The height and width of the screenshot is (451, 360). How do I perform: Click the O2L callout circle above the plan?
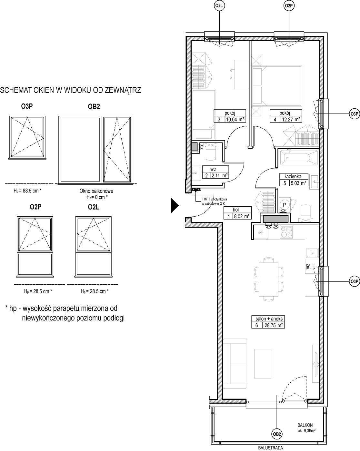219,6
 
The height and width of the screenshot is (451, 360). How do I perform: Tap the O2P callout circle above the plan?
289,6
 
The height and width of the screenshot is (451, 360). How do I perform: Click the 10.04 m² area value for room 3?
235,120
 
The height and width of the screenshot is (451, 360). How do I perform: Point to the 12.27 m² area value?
291,120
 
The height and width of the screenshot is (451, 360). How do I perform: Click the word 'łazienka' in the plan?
293,176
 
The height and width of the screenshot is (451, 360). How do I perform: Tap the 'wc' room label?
213,169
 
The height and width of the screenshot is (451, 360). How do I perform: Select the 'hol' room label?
236,210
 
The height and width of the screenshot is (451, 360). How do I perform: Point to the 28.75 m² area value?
274,326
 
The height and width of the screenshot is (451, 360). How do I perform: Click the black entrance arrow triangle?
175,205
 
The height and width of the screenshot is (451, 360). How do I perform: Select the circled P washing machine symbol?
285,204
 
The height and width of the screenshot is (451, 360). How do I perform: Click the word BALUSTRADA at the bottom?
271,448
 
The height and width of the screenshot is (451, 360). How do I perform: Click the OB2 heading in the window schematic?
94,107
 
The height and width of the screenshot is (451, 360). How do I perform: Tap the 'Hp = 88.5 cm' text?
27,191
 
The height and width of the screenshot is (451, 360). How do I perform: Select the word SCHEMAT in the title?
15,90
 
